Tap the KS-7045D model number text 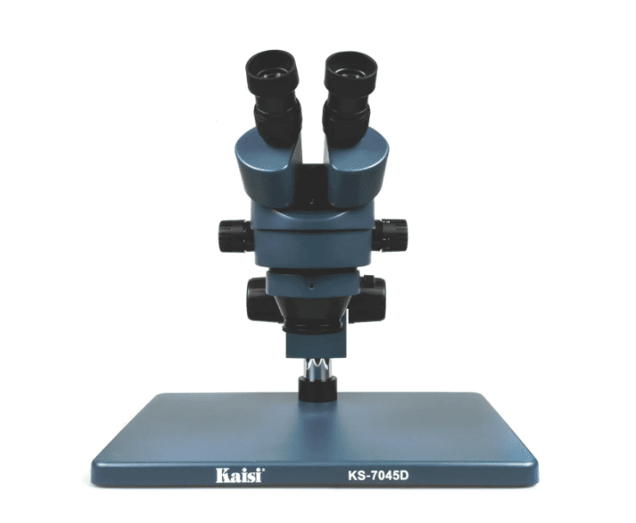click(x=378, y=475)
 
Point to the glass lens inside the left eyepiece click(x=273, y=73)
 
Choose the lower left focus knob click(x=256, y=300)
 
